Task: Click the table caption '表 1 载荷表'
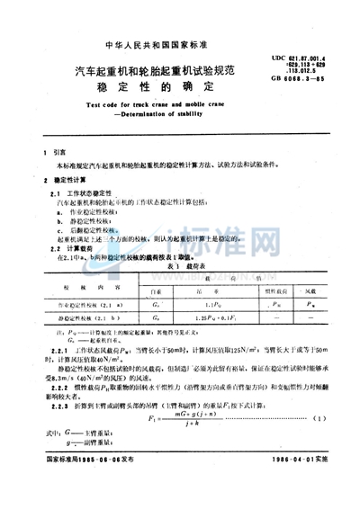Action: [x=180, y=267]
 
